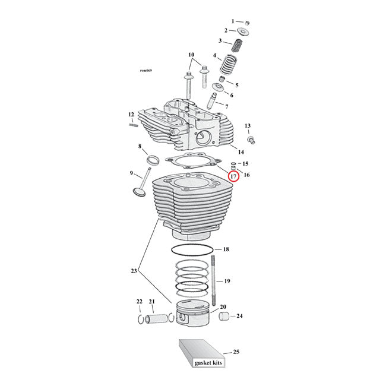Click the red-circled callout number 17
(234, 176)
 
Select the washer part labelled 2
(243, 31)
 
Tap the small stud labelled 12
(132, 124)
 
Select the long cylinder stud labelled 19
(211, 280)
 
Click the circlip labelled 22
(141, 320)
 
